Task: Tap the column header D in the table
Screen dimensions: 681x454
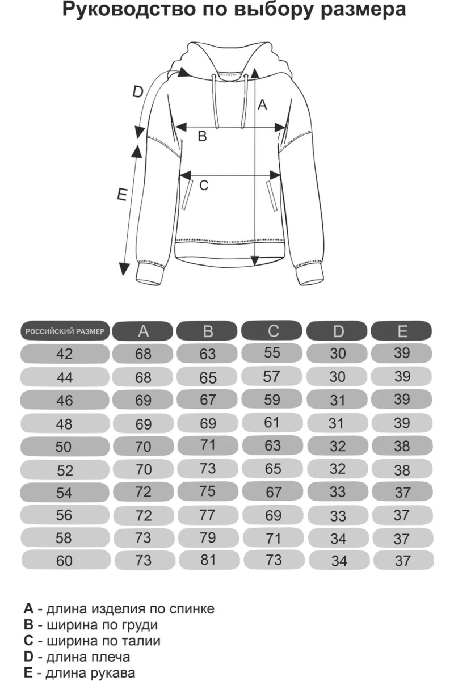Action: (338, 331)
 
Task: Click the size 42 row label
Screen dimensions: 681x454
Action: (65, 354)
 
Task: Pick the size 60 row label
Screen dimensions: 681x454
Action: (65, 561)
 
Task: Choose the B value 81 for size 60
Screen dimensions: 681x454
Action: (208, 560)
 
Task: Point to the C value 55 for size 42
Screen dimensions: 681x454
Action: (272, 352)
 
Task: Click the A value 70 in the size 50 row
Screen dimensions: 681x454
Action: (144, 447)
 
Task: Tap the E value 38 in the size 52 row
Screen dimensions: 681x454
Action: (402, 469)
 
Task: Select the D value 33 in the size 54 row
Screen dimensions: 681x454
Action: (338, 491)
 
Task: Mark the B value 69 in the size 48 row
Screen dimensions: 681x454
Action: (208, 423)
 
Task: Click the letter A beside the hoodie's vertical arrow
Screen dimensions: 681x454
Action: (262, 104)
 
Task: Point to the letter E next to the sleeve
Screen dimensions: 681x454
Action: (121, 194)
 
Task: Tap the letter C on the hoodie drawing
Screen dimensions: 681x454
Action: (204, 185)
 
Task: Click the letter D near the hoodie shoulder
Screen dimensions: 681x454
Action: (137, 92)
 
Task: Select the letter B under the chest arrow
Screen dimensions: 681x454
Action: (202, 137)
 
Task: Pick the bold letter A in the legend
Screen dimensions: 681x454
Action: (29, 609)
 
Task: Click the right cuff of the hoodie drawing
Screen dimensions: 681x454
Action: (309, 276)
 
